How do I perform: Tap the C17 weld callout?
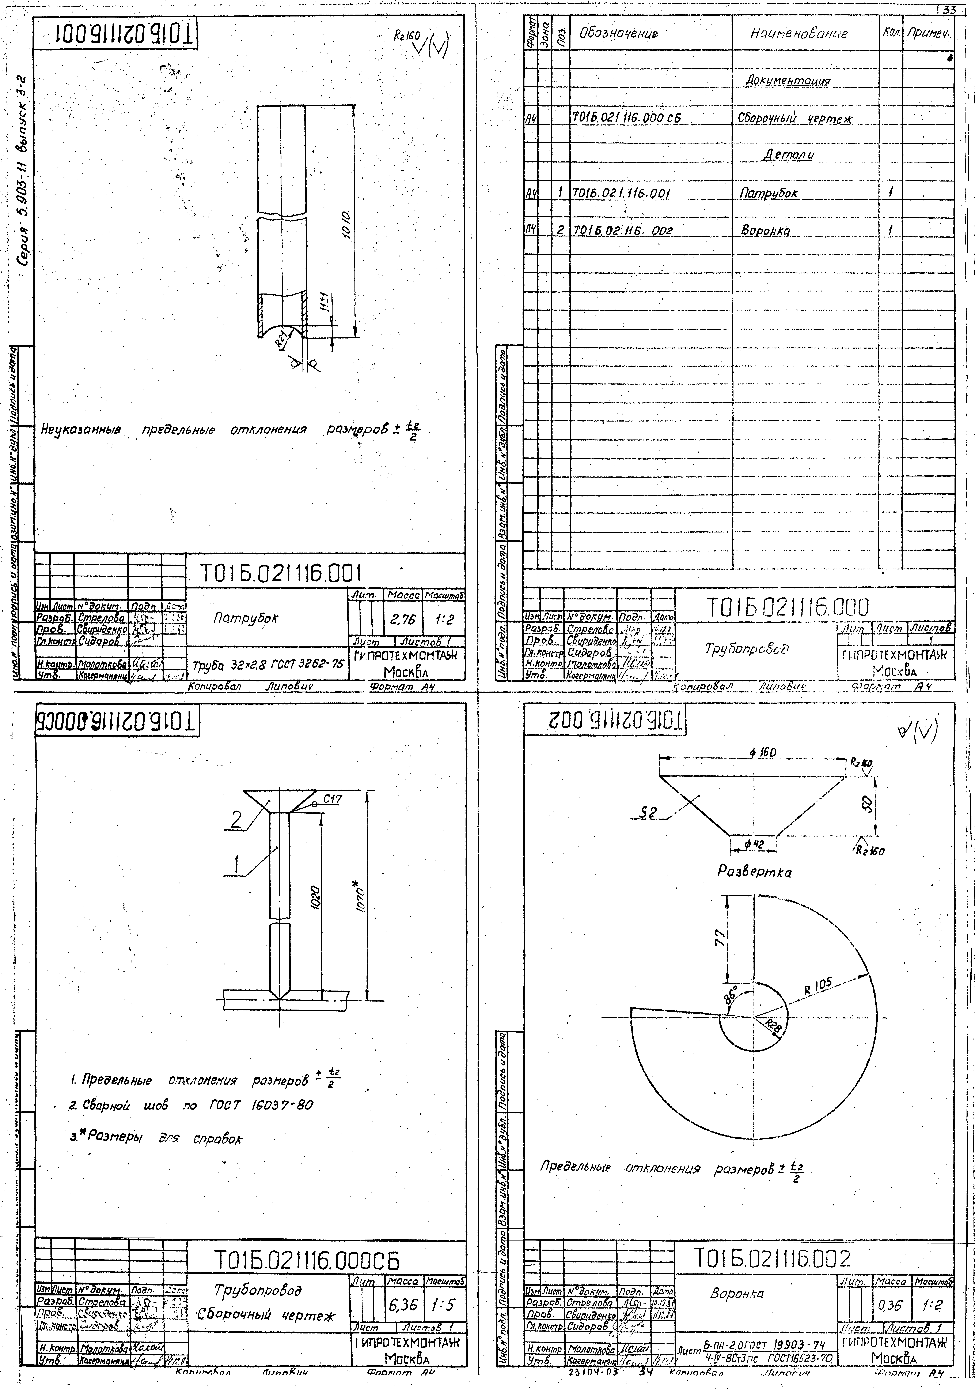(x=332, y=799)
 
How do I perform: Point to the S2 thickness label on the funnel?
(x=648, y=814)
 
